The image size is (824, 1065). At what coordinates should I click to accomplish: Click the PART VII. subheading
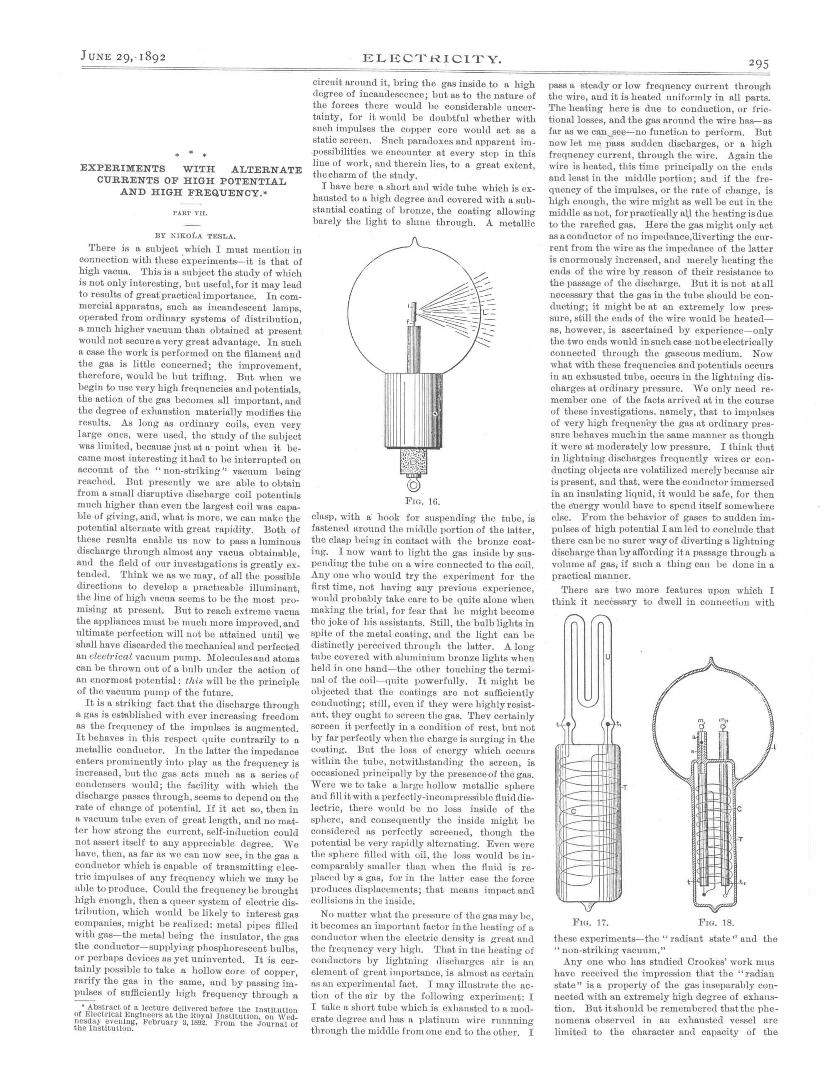191,213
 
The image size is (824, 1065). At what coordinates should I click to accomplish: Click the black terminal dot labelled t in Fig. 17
569,725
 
